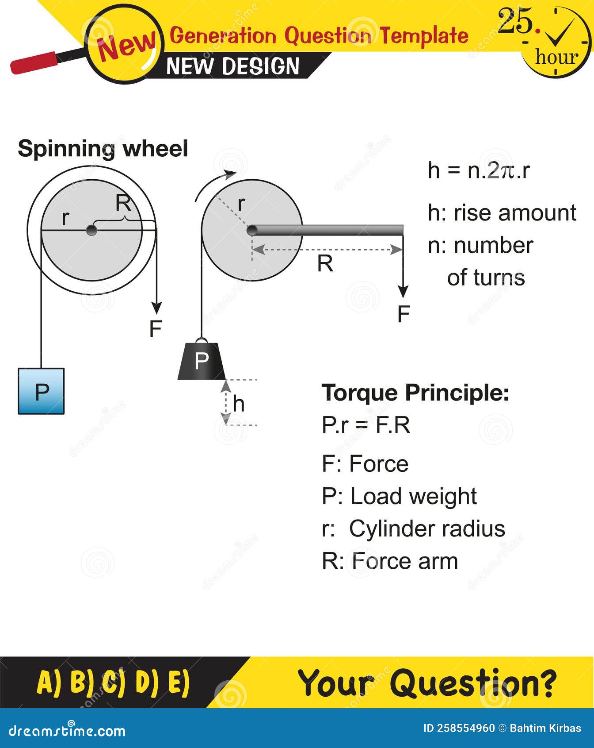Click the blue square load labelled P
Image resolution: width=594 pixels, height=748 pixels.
(x=41, y=391)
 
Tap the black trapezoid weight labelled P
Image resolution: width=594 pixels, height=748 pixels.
(x=202, y=361)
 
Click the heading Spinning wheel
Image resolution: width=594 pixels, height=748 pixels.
(x=103, y=149)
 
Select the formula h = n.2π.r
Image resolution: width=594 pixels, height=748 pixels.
(x=479, y=170)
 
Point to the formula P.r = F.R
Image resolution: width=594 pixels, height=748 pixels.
(x=366, y=425)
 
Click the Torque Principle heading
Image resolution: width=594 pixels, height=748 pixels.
(x=415, y=393)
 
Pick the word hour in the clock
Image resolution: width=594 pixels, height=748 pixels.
(x=556, y=57)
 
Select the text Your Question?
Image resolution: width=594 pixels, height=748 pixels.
(x=427, y=682)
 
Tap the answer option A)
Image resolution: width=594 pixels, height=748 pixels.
(x=50, y=682)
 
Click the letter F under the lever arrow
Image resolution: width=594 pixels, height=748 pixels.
(x=404, y=314)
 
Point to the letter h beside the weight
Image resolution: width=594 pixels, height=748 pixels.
(x=239, y=404)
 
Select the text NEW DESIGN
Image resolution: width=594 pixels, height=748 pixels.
(x=233, y=66)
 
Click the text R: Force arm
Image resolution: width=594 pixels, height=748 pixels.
(x=390, y=561)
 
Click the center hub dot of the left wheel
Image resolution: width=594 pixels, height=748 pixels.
(x=91, y=230)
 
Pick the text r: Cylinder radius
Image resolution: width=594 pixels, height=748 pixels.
(x=413, y=529)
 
